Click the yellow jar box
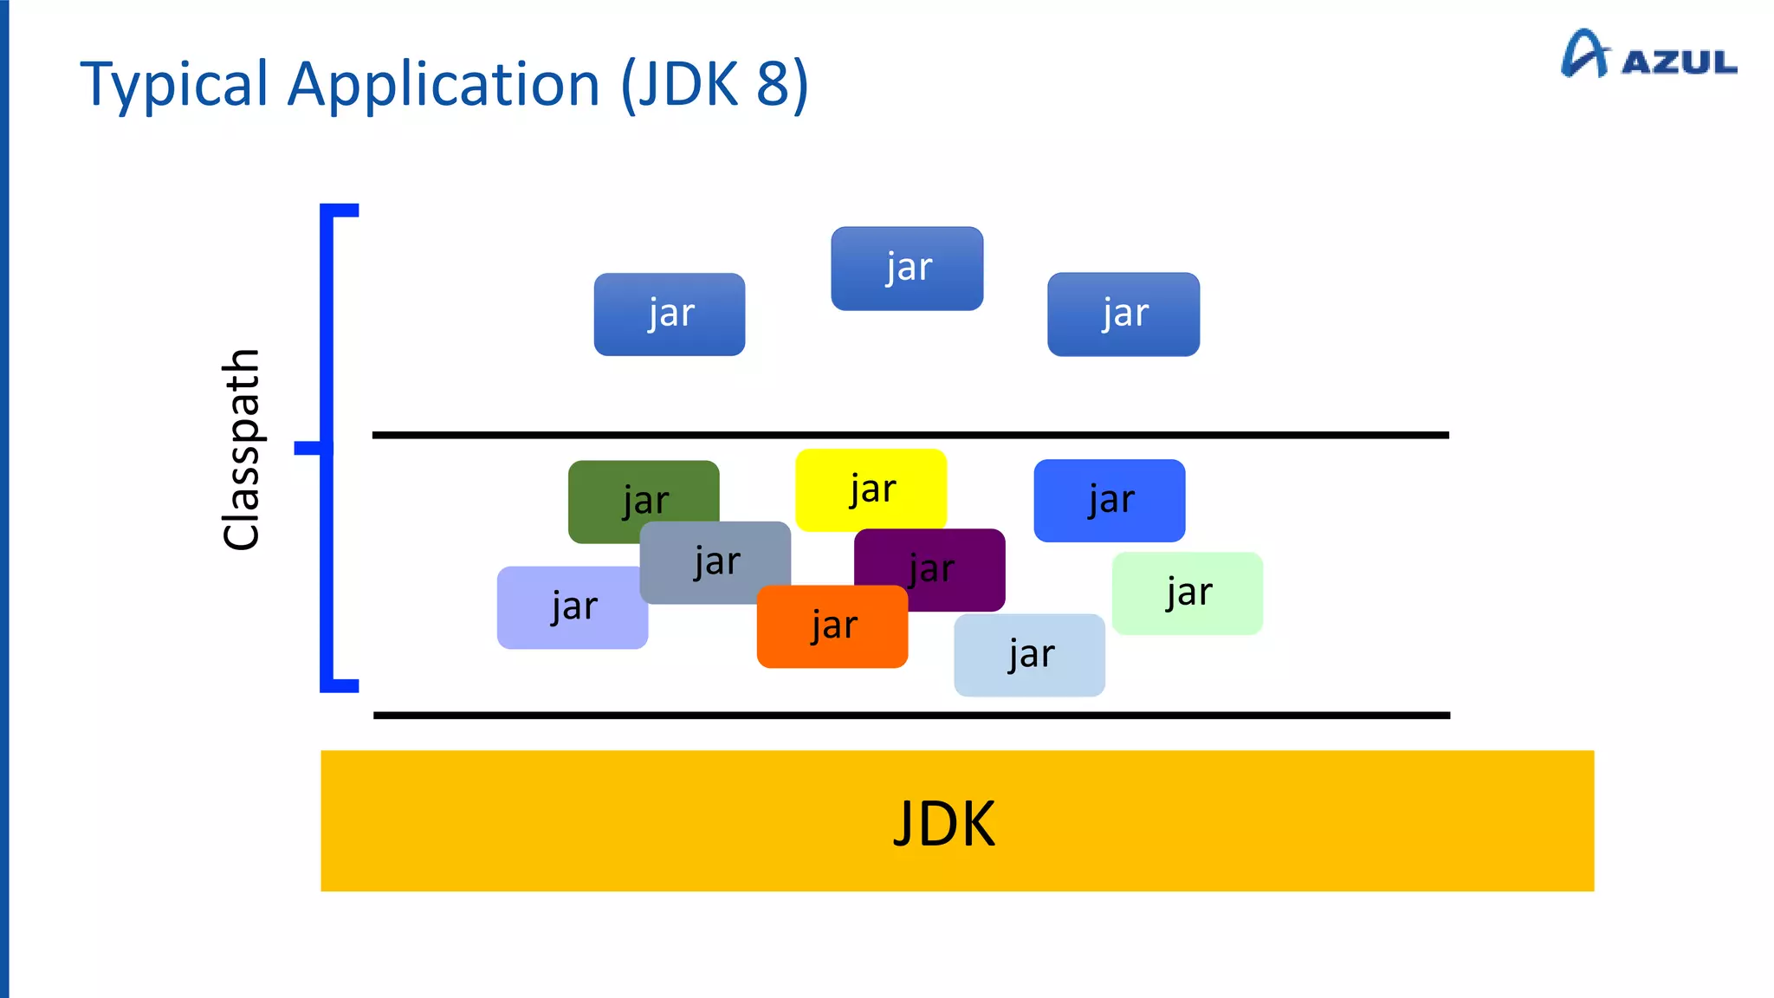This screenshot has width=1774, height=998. (x=871, y=489)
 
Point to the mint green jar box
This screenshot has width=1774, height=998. (x=1187, y=593)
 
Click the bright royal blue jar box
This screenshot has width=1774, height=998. (x=1109, y=501)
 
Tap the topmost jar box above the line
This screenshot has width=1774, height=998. (x=907, y=269)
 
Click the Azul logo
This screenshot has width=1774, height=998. (x=1648, y=55)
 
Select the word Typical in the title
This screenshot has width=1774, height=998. (x=174, y=85)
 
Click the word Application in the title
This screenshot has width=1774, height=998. (x=443, y=85)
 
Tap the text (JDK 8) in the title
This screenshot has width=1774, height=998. (x=715, y=85)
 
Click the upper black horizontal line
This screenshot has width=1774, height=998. (x=910, y=435)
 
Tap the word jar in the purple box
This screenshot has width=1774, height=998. (x=932, y=569)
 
